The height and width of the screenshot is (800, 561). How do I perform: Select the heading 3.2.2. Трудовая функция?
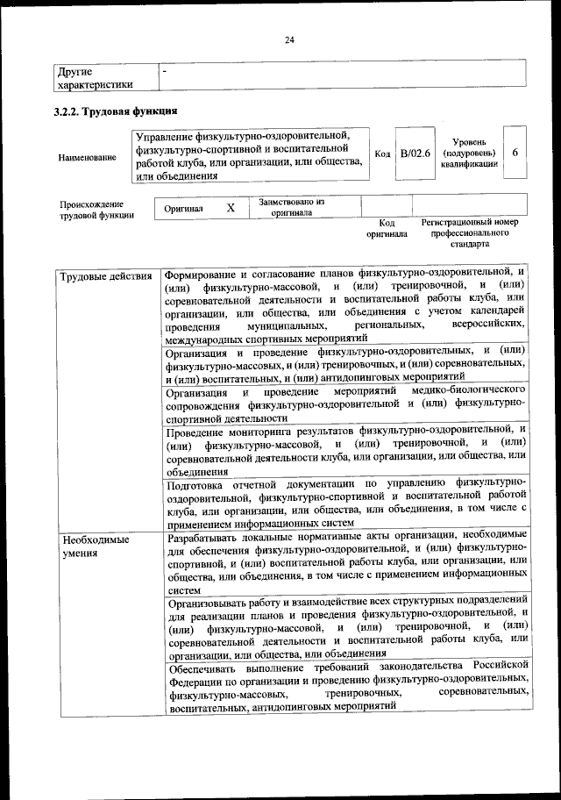(116, 111)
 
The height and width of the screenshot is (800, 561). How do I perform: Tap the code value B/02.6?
(415, 154)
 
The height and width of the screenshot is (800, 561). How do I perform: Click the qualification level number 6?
(516, 153)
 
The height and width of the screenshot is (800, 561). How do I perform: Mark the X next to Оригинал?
(231, 208)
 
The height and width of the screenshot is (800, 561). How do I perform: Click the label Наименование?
(87, 157)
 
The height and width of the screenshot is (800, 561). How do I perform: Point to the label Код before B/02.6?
(382, 154)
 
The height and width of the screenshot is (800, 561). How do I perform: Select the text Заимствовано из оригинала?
(292, 207)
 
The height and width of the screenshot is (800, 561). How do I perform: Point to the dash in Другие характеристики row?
(165, 70)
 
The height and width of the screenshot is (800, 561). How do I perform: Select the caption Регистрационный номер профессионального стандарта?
(471, 234)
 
